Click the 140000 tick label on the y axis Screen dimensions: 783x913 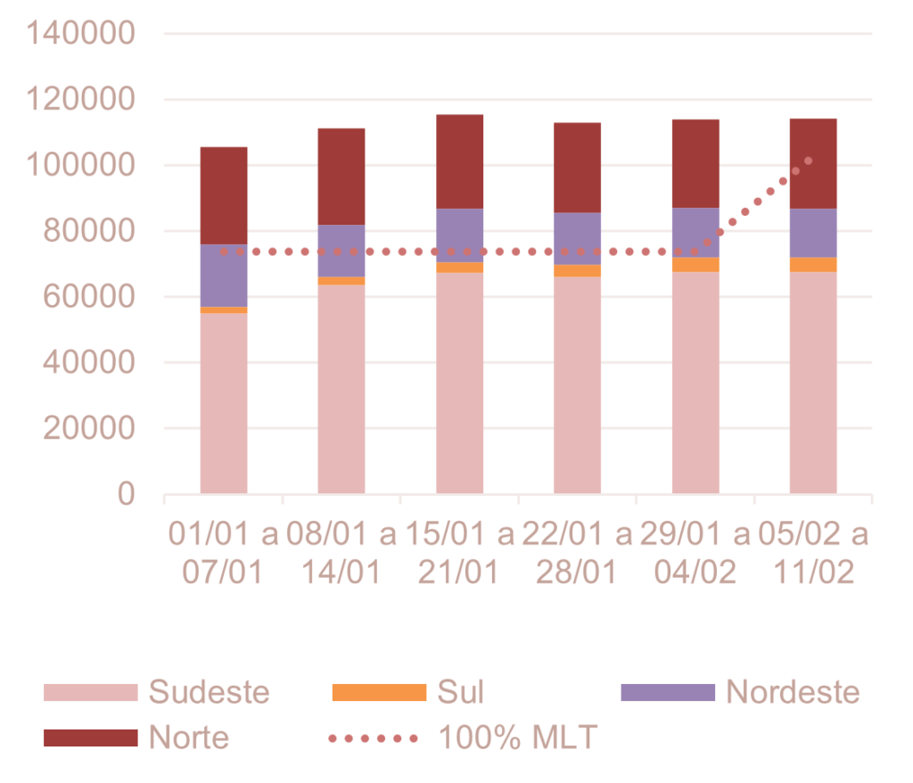point(81,34)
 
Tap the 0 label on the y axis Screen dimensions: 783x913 point(126,494)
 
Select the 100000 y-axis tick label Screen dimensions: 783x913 point(81,166)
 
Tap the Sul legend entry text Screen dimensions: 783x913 point(460,692)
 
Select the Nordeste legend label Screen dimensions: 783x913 point(793,692)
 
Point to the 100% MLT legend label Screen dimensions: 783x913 point(517,738)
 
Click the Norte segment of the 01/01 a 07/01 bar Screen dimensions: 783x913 point(224,195)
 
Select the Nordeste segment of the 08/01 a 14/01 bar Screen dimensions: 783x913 point(341,251)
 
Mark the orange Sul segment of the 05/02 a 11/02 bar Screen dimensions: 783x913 point(813,264)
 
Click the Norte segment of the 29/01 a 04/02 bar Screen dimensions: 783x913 point(695,163)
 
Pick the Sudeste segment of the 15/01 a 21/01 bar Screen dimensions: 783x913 point(460,383)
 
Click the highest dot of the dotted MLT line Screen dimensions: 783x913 point(808,161)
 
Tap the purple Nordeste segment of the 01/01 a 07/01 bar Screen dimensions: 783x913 point(224,276)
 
